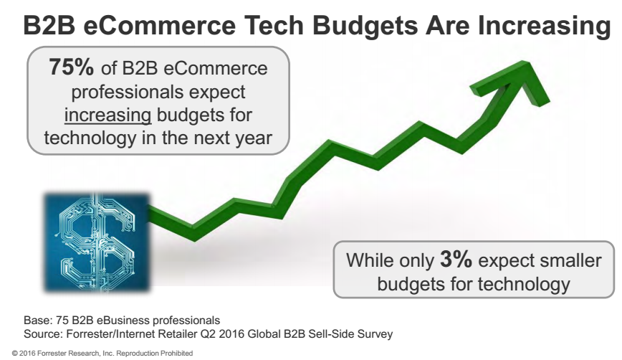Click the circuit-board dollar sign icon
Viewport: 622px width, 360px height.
[96, 240]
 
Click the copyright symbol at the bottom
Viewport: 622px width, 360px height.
[5, 354]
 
